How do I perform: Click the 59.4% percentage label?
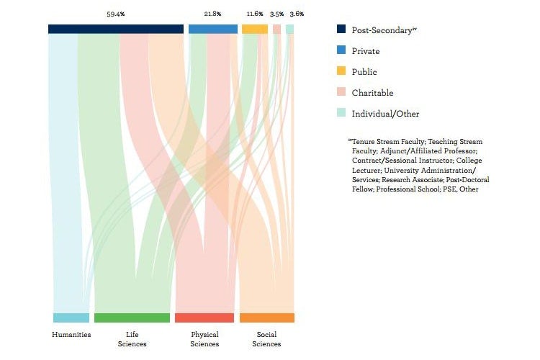click(115, 14)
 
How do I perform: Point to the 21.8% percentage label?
click(213, 14)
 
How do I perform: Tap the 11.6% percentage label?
click(255, 14)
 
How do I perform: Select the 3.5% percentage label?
click(276, 14)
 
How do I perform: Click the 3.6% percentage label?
click(296, 14)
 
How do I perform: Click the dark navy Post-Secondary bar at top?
click(115, 29)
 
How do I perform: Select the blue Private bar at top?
click(213, 29)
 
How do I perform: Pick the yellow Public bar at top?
click(255, 29)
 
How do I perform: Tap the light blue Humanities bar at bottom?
click(71, 318)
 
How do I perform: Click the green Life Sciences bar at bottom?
click(132, 318)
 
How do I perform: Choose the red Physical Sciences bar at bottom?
click(204, 318)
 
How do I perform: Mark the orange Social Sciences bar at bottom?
click(266, 318)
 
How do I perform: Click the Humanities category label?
click(71, 335)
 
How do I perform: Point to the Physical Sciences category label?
click(204, 339)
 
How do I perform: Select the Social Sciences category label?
click(266, 339)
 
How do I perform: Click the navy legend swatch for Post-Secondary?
click(341, 30)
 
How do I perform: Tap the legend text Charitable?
click(372, 93)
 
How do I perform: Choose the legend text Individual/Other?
click(385, 114)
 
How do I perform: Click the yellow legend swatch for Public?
click(341, 72)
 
